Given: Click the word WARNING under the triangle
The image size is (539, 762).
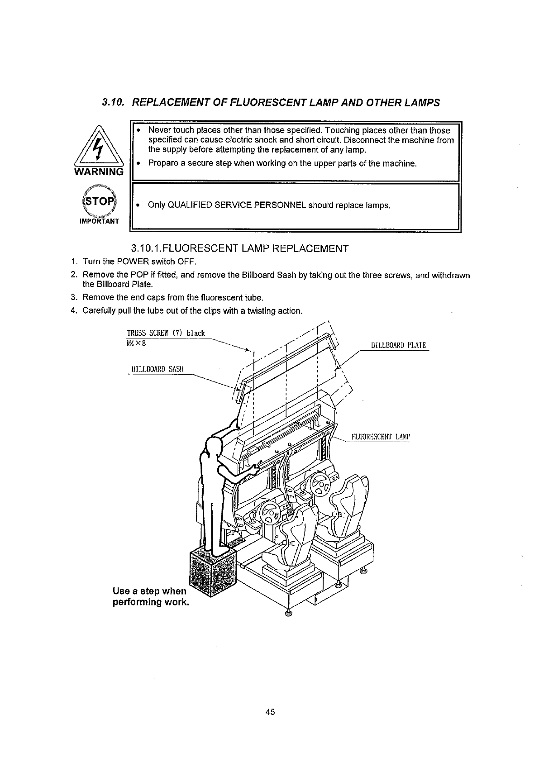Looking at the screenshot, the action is (x=98, y=172).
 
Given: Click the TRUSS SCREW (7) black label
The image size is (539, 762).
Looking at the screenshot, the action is (x=166, y=333).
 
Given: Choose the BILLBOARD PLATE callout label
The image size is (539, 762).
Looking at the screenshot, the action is (x=398, y=346).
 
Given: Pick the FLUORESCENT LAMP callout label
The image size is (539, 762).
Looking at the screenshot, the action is (x=380, y=437).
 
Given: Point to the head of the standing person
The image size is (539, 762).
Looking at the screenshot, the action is (x=213, y=448).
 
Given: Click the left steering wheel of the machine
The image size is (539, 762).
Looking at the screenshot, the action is (x=268, y=514).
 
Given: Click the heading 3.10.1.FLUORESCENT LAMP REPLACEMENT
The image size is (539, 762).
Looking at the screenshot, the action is (x=239, y=248).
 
